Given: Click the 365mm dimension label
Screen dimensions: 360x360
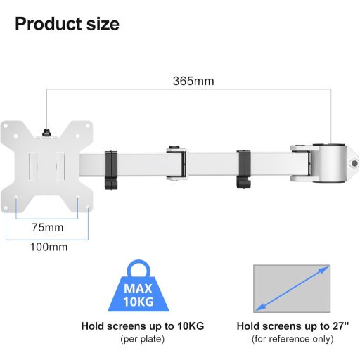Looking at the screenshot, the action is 193,81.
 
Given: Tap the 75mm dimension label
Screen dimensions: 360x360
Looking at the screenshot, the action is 48,227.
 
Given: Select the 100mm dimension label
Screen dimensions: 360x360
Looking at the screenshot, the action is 49,247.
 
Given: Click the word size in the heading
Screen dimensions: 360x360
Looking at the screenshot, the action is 103,24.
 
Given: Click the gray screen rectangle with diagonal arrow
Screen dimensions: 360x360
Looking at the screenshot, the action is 292,288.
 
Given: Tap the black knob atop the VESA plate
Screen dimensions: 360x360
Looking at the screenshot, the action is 46,133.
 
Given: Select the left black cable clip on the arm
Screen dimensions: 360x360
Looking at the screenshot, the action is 111,170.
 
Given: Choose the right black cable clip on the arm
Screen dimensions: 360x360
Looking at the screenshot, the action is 243,169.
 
